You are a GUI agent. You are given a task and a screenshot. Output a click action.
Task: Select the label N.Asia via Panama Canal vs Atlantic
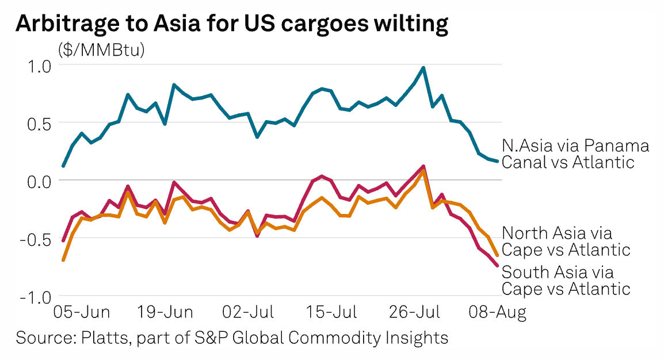click(x=575, y=154)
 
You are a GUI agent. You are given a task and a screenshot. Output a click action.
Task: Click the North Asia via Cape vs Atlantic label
click(x=566, y=242)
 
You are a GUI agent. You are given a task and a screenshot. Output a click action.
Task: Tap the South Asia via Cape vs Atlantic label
click(x=566, y=280)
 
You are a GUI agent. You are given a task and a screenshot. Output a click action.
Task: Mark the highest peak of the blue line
click(x=423, y=68)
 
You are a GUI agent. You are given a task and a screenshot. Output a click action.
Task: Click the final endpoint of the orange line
click(x=497, y=255)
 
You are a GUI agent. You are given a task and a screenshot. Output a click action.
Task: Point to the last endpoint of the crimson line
click(x=497, y=265)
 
